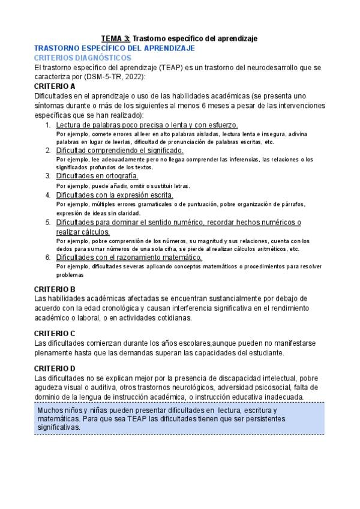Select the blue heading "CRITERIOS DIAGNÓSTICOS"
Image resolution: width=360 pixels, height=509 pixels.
click(x=83, y=58)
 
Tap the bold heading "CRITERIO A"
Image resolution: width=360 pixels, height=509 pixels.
click(x=55, y=86)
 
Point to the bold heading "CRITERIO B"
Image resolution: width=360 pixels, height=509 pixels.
click(x=55, y=289)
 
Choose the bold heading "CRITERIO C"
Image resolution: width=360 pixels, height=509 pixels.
click(x=55, y=333)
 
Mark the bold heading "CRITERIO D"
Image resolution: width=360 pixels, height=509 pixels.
click(x=55, y=368)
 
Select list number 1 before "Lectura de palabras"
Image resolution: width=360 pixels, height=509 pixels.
click(x=49, y=125)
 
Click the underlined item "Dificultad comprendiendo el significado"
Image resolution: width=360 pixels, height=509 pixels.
click(x=120, y=151)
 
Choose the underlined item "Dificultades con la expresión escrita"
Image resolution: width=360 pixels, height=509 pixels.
click(x=115, y=195)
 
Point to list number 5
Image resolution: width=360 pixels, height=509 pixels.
click(x=49, y=222)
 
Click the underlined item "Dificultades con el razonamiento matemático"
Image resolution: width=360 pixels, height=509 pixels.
click(x=129, y=258)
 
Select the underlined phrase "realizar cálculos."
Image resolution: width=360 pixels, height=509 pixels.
click(x=83, y=232)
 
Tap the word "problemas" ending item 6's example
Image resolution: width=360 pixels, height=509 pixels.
click(x=69, y=275)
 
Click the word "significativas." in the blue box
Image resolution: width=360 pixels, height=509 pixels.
click(x=58, y=427)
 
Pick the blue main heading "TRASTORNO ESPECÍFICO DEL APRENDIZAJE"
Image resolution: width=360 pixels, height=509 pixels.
click(x=114, y=47)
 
